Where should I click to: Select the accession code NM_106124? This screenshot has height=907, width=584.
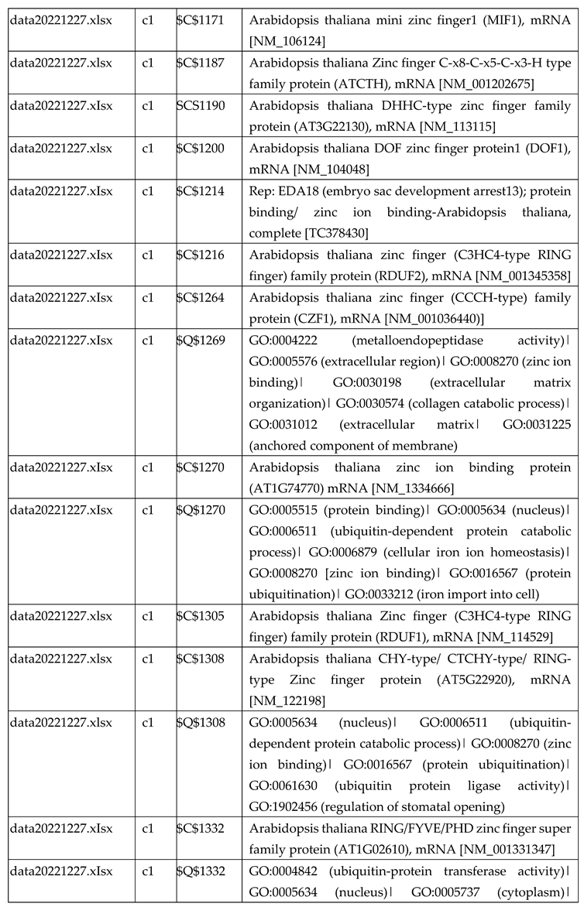coord(287,39)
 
